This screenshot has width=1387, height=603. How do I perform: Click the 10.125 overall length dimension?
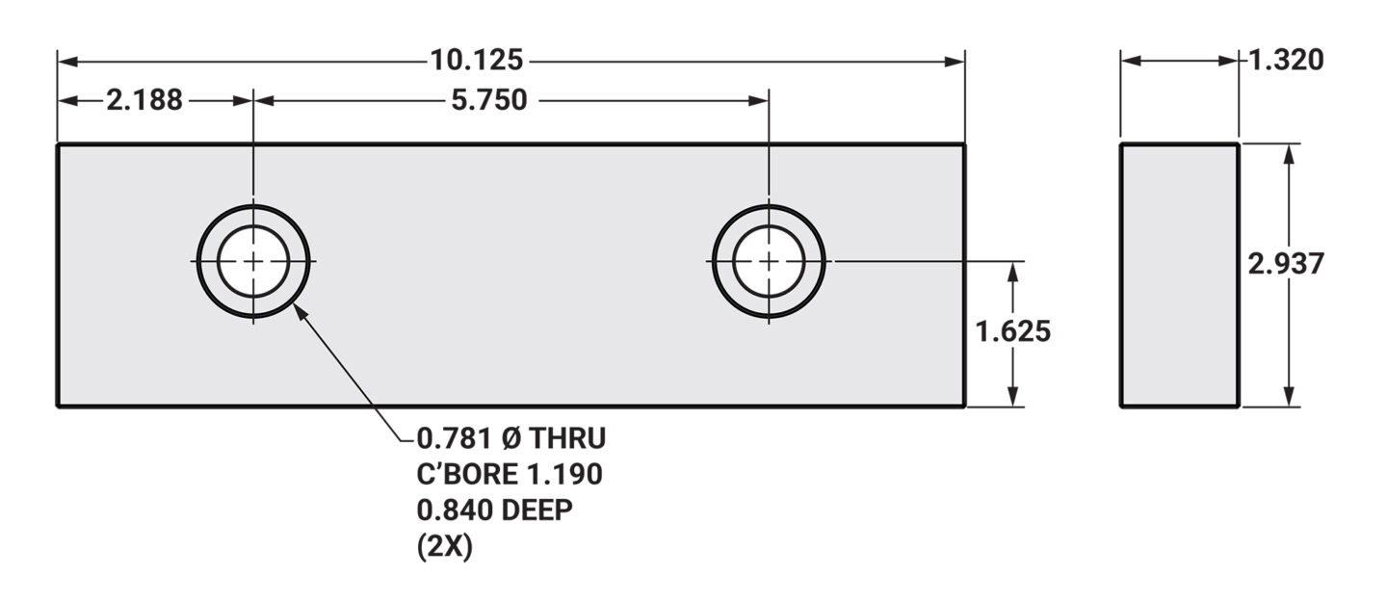476,60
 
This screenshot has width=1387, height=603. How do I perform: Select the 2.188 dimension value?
144,100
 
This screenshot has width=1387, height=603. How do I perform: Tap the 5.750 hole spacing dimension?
488,100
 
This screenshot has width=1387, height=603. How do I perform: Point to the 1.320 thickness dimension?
1286,60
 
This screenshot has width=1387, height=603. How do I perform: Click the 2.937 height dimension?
1286,264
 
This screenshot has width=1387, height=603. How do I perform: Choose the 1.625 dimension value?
1013,331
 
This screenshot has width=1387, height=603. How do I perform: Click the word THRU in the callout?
568,438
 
